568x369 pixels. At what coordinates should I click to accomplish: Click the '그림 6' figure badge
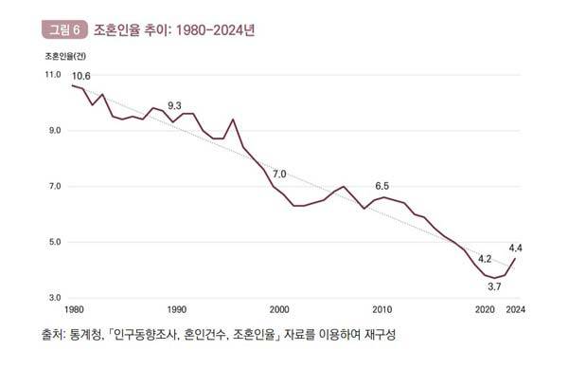click(x=63, y=29)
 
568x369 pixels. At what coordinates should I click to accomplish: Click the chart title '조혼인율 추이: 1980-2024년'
click(x=168, y=29)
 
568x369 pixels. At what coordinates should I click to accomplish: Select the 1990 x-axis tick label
click(x=176, y=310)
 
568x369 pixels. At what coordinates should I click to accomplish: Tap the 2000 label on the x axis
click(x=279, y=310)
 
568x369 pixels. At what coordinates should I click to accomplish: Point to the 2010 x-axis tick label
click(x=382, y=310)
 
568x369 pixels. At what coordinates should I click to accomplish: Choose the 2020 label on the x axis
click(x=485, y=310)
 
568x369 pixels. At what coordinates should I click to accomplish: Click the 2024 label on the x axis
click(x=516, y=310)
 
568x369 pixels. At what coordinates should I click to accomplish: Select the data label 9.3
click(x=174, y=105)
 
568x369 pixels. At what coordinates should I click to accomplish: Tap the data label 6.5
click(x=382, y=185)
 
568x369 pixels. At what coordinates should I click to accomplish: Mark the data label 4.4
click(x=515, y=248)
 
